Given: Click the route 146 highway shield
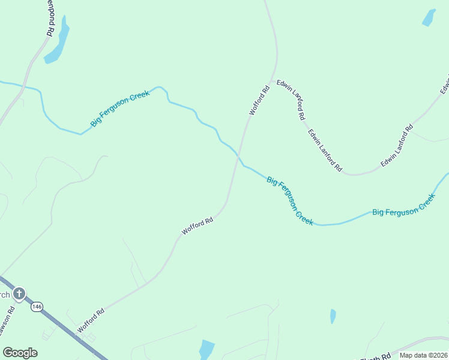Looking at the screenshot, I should (37, 307).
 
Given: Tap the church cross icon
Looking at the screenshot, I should (19, 293).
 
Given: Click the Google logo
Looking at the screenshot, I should (20, 353).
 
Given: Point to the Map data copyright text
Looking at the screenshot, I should (423, 355).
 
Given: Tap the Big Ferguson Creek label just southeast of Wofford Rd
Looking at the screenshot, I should (290, 200).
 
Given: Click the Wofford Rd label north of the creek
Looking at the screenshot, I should (260, 101).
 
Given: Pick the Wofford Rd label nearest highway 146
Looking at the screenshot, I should (91, 320).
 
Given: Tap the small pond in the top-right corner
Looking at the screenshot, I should (429, 17).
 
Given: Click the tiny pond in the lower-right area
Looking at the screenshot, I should (333, 316).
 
